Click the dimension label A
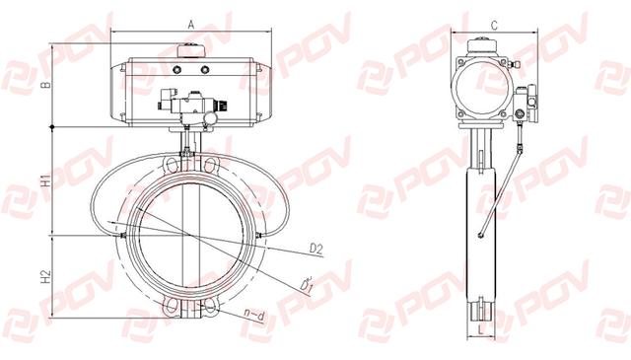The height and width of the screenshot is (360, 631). click(191, 25)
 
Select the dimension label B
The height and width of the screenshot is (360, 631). click(46, 85)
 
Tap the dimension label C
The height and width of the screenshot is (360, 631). click(494, 26)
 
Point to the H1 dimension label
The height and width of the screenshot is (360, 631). click(46, 180)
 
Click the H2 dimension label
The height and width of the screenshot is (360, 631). click(46, 276)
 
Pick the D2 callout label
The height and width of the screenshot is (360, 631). click(316, 249)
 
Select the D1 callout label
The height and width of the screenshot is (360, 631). click(307, 284)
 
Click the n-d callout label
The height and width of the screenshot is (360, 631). click(254, 316)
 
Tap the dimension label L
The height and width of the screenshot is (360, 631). click(481, 330)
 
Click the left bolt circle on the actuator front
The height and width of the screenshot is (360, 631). click(177, 70)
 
